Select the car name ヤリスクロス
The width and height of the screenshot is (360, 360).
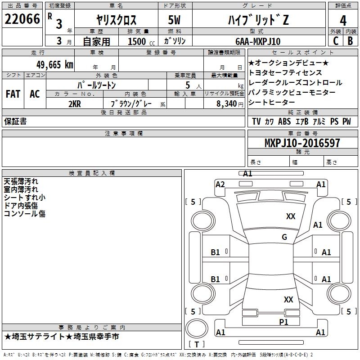(116, 20)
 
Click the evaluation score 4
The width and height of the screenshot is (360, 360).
(343, 21)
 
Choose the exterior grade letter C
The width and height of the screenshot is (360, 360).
(335, 41)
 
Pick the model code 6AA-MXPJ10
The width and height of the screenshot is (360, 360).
(258, 41)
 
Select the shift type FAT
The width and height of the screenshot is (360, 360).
(13, 94)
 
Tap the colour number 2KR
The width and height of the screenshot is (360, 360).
(75, 103)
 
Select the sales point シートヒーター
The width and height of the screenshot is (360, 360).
(272, 102)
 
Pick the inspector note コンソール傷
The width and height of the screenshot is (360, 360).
(25, 214)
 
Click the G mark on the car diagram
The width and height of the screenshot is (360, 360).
(284, 237)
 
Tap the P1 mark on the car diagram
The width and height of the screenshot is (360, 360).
(283, 322)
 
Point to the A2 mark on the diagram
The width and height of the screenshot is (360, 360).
(220, 184)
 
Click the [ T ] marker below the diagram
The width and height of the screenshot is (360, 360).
(197, 344)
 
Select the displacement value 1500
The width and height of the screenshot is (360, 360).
(137, 41)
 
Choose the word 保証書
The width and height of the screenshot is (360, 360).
(15, 121)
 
